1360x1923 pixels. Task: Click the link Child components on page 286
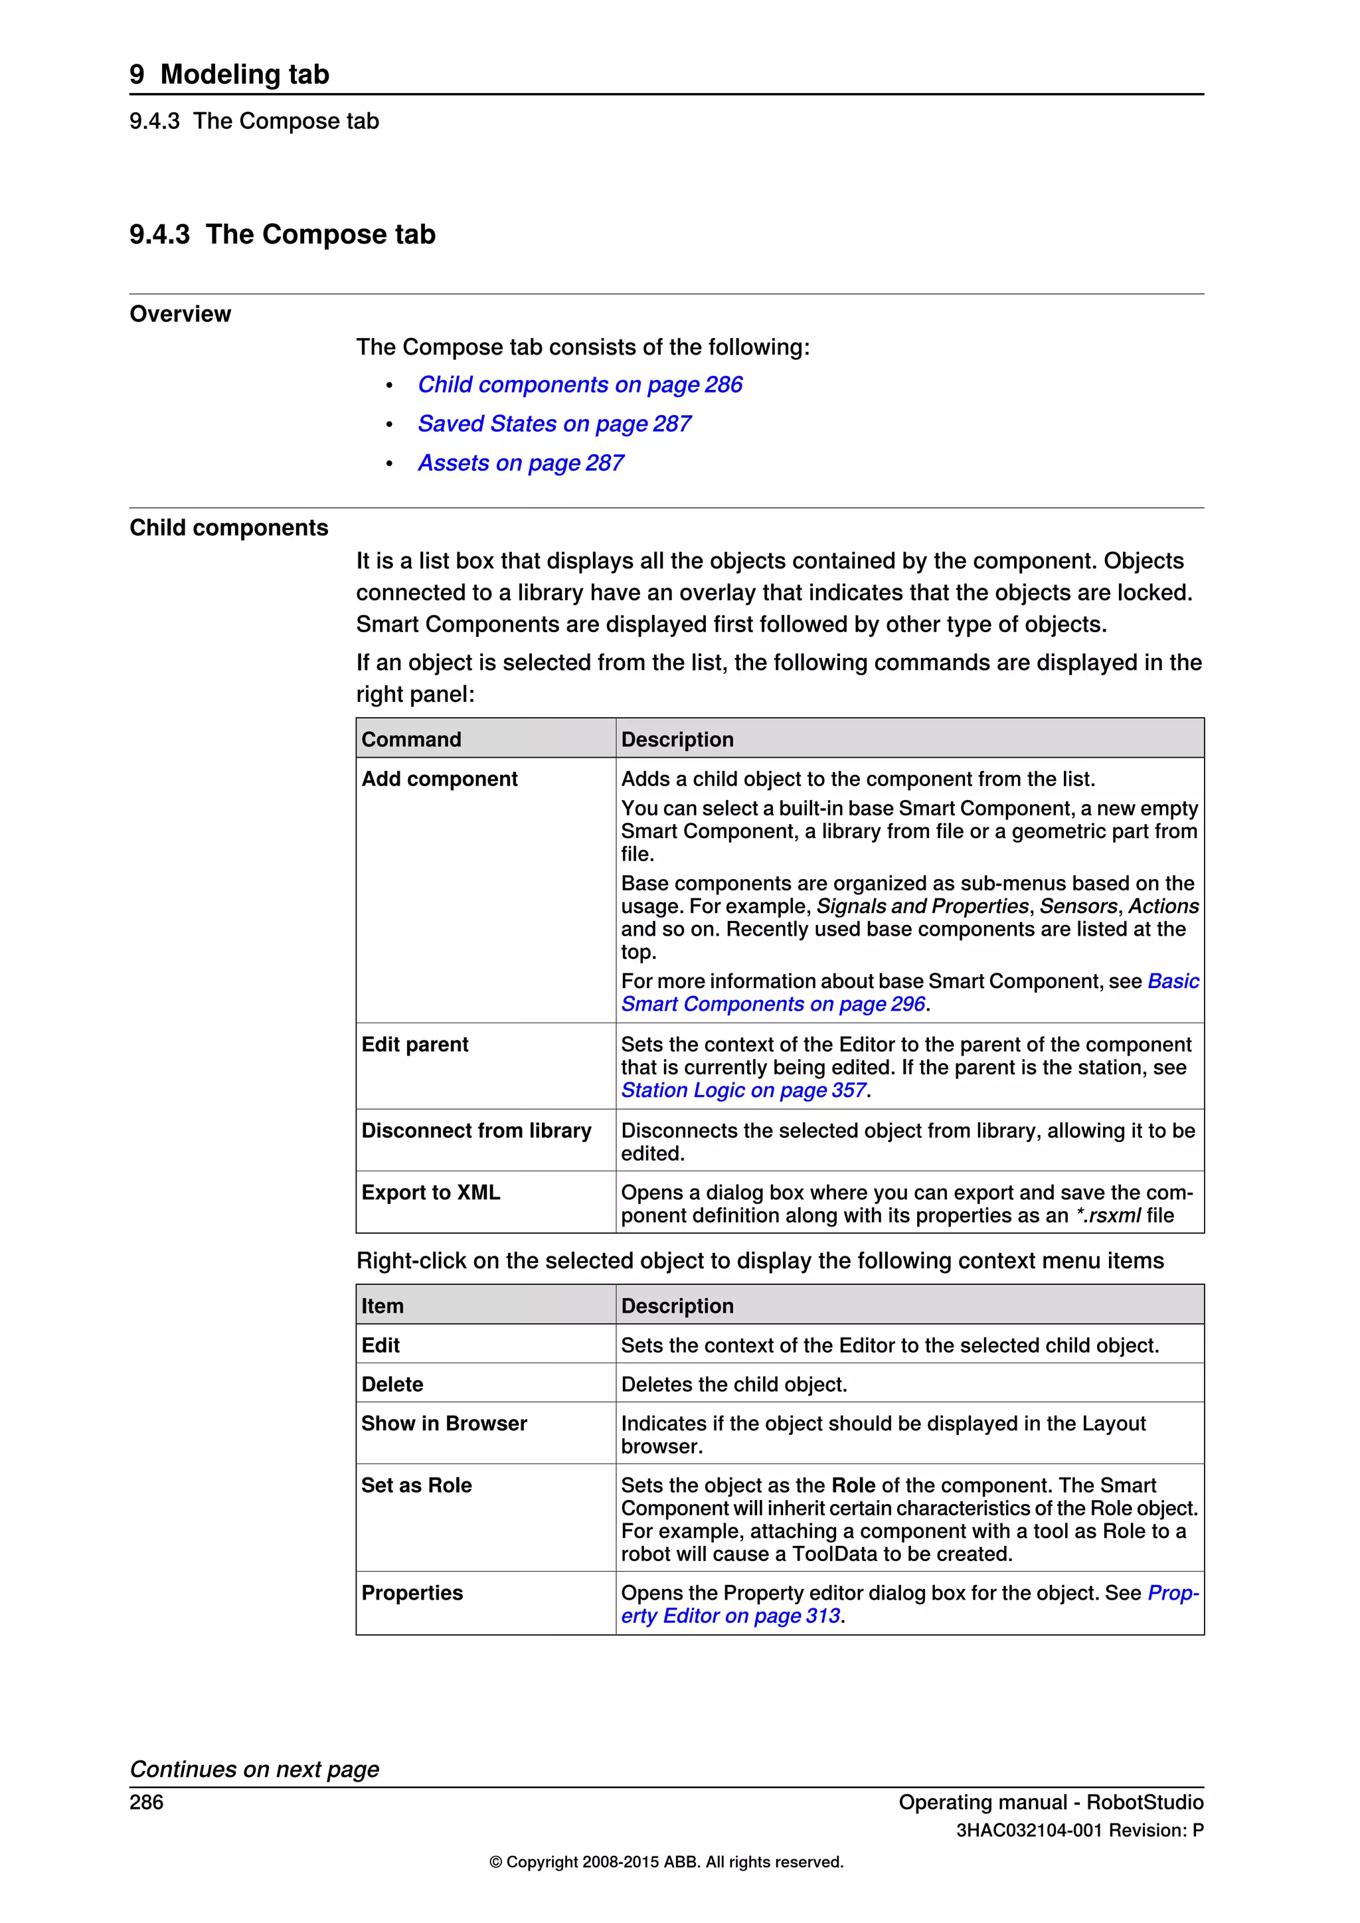pyautogui.click(x=580, y=384)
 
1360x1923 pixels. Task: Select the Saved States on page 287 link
pyautogui.click(x=554, y=424)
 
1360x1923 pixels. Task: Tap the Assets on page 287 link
pyautogui.click(x=520, y=463)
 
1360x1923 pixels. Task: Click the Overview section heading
pyautogui.click(x=180, y=314)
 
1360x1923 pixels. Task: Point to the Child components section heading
pyautogui.click(x=228, y=528)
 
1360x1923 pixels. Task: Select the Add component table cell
pyautogui.click(x=440, y=779)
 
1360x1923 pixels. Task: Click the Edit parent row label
pyautogui.click(x=414, y=1045)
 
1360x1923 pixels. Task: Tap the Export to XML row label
pyautogui.click(x=430, y=1193)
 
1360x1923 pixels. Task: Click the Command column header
pyautogui.click(x=411, y=740)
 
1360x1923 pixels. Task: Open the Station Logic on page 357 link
pyautogui.click(x=743, y=1090)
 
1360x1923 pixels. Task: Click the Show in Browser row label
pyautogui.click(x=444, y=1424)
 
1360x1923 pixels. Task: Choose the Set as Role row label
pyautogui.click(x=416, y=1486)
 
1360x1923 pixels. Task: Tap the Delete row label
pyautogui.click(x=392, y=1384)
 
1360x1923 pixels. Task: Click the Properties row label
pyautogui.click(x=412, y=1593)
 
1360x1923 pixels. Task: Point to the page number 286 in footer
pyautogui.click(x=147, y=1802)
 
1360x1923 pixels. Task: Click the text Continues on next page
pyautogui.click(x=254, y=1770)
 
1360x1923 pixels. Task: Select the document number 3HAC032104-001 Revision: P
pyautogui.click(x=1080, y=1831)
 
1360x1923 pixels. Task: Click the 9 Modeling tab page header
pyautogui.click(x=230, y=74)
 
